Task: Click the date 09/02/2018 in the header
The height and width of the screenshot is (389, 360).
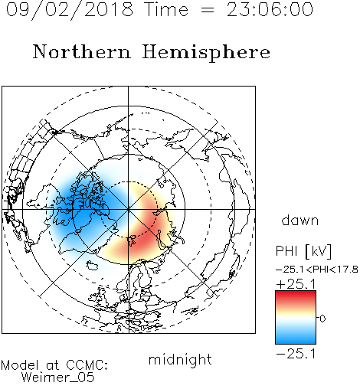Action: tap(70, 10)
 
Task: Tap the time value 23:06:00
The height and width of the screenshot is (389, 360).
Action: tap(270, 10)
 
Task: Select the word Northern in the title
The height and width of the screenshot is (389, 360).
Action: tap(82, 52)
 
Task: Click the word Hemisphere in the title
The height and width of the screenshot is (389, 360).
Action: tap(206, 53)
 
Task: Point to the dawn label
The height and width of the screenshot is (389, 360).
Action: tap(300, 221)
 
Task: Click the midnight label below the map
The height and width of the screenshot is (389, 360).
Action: tap(180, 360)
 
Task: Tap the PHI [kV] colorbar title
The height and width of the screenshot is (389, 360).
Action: tap(303, 251)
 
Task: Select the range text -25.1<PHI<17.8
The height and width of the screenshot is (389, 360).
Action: tap(317, 270)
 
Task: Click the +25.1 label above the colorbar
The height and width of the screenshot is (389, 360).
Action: tap(296, 284)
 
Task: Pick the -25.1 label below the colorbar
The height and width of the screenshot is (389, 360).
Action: tap(296, 354)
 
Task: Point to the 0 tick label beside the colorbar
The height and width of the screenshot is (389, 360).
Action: tap(322, 319)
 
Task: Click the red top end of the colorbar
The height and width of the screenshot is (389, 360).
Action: tap(296, 293)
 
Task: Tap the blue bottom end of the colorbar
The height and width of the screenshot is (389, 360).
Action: tap(296, 342)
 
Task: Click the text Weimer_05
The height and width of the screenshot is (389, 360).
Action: tap(58, 378)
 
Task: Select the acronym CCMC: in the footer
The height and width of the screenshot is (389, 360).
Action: tap(87, 365)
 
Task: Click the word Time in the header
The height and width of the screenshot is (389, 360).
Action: tap(166, 10)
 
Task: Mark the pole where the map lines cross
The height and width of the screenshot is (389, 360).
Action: tap(129, 210)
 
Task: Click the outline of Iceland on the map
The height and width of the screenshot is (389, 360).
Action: tap(92, 266)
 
